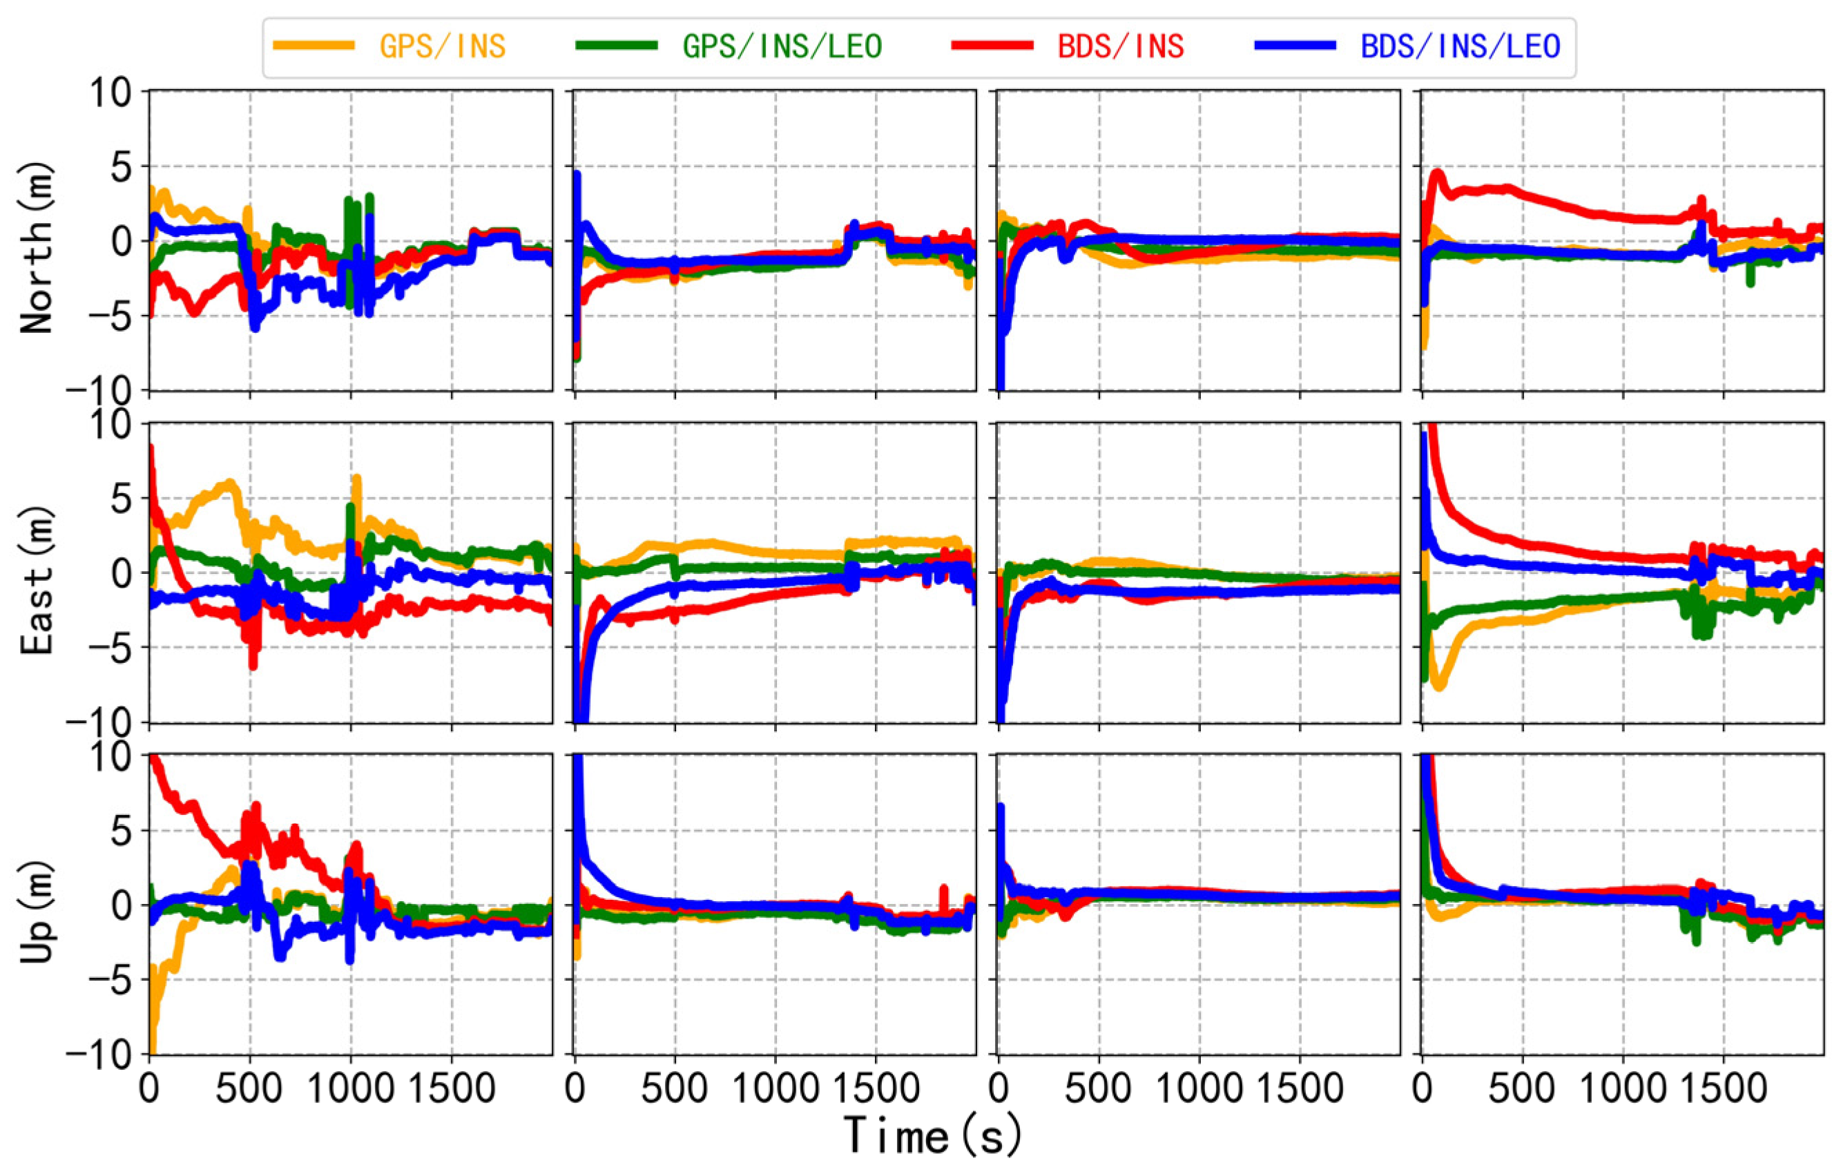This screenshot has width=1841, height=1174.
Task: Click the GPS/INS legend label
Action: pyautogui.click(x=443, y=47)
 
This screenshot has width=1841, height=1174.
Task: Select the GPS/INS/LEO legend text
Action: pyautogui.click(x=782, y=47)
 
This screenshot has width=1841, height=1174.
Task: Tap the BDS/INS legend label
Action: pyautogui.click(x=1121, y=47)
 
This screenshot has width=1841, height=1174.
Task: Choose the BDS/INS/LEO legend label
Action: pyautogui.click(x=1461, y=47)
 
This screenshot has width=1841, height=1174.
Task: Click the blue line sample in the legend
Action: pyautogui.click(x=1295, y=46)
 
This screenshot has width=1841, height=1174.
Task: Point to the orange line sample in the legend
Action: pyautogui.click(x=314, y=46)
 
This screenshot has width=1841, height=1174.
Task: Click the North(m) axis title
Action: pyautogui.click(x=37, y=247)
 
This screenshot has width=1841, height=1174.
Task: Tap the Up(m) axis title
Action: pyautogui.click(x=37, y=910)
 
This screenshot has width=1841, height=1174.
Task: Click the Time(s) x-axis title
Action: pyautogui.click(x=933, y=1136)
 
